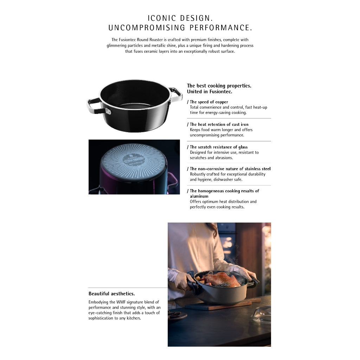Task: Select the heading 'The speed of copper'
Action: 209,102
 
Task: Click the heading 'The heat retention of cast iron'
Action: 219,124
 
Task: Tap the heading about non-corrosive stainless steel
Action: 230,169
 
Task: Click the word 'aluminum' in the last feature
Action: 199,196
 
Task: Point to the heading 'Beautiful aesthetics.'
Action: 111,294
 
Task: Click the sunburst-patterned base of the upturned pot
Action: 134,162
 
